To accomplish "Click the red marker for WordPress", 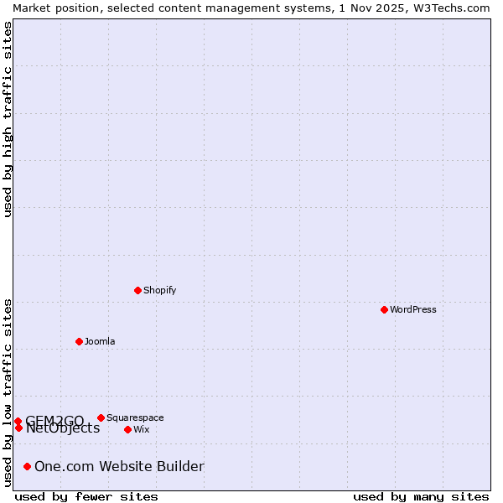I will (x=384, y=309).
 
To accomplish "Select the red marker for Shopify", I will (x=137, y=290).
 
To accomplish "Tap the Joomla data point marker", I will (x=79, y=341).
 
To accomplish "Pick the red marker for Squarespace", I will (x=101, y=417).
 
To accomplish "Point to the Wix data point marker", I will (x=127, y=429).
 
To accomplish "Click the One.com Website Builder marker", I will (x=27, y=466).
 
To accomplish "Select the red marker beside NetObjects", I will (x=18, y=428).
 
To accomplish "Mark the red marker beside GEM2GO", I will (x=18, y=421).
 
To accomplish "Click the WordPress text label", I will (x=412, y=309).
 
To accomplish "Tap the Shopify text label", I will (x=159, y=290).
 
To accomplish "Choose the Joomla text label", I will (x=100, y=341).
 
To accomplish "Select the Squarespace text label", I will (x=135, y=417).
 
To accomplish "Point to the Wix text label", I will (x=141, y=429).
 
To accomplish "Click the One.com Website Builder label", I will (x=119, y=466).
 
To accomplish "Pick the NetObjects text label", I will (x=63, y=428).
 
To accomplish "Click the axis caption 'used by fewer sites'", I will (x=86, y=496).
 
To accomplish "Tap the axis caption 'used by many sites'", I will (x=421, y=496).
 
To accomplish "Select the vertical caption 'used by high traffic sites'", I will (x=8, y=119).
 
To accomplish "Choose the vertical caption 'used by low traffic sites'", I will (x=8, y=392).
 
